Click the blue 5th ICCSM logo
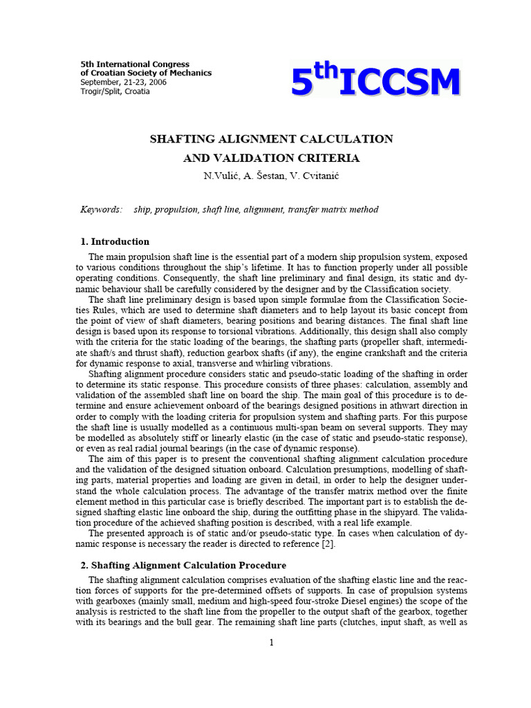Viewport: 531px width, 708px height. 375,82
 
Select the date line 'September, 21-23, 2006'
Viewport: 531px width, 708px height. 124,82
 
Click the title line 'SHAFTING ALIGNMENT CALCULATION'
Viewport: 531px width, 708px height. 271,139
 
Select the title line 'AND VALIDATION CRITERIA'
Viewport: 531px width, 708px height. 271,158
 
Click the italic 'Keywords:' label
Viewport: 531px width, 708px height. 102,209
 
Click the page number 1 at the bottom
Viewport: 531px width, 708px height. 272,642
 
